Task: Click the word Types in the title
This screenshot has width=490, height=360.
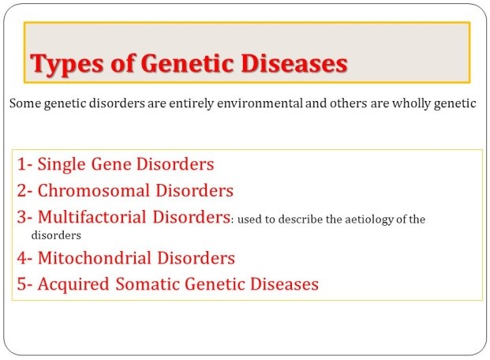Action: pos(66,65)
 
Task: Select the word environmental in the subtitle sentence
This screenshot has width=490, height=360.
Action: pos(260,103)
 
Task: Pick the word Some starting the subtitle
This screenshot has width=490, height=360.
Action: pos(25,103)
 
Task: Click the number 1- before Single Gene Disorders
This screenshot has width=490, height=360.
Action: pos(24,164)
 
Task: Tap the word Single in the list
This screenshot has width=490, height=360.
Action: pos(62,165)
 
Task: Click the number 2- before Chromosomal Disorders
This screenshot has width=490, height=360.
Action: pos(24,191)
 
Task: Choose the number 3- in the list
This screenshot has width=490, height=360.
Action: pos(24,217)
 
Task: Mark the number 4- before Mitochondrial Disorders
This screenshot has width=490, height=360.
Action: pos(24,258)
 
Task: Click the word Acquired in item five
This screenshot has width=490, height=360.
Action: pos(73,285)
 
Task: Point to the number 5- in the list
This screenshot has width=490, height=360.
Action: pos(24,284)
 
